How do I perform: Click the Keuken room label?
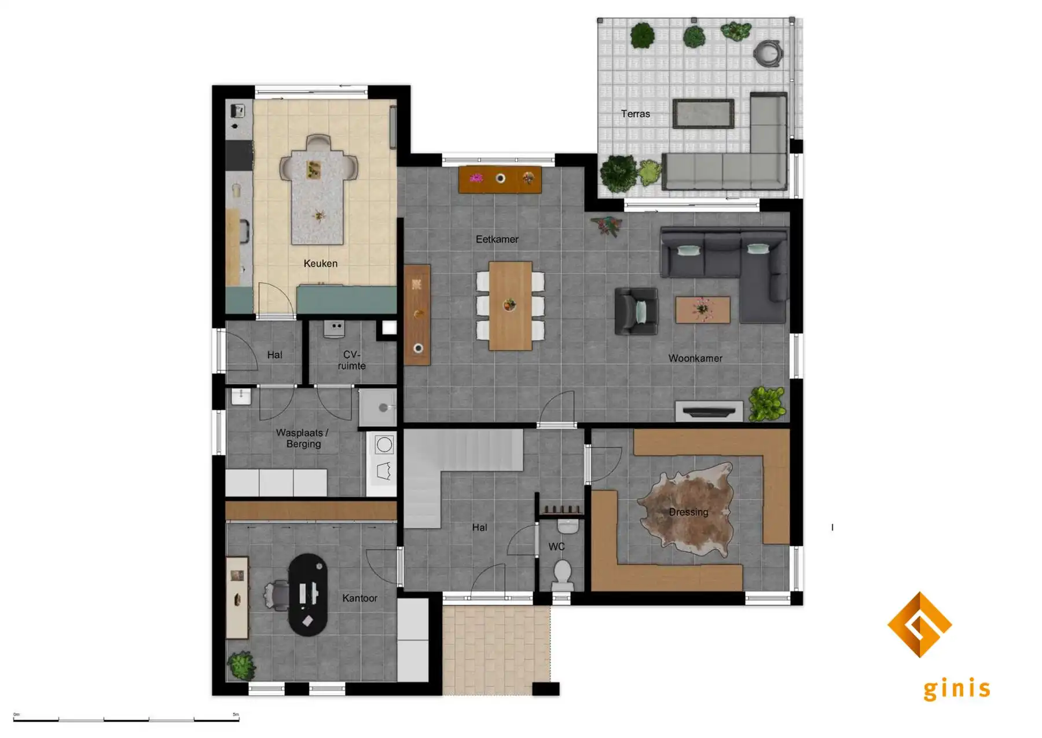(x=320, y=264)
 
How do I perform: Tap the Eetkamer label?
(x=497, y=239)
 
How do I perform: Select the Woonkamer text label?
(x=695, y=359)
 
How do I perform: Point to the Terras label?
(x=635, y=114)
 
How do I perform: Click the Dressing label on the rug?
(x=688, y=512)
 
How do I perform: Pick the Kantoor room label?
(x=359, y=598)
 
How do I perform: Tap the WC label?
(x=556, y=546)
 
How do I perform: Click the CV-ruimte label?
(x=351, y=360)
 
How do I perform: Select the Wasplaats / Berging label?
(x=303, y=438)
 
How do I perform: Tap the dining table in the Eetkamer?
(x=510, y=305)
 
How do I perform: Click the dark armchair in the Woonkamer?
(x=636, y=310)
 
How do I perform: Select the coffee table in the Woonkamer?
(x=702, y=309)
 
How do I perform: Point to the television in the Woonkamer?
(x=709, y=412)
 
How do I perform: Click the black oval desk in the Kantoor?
(x=307, y=594)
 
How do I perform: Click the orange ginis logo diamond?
(x=919, y=624)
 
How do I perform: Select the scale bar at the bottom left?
(x=126, y=719)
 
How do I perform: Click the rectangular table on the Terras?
(x=703, y=114)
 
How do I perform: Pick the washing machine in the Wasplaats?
(x=384, y=445)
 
